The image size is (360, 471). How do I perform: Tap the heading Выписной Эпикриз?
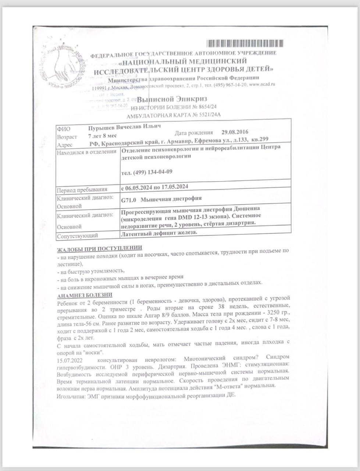pyautogui.click(x=172, y=99)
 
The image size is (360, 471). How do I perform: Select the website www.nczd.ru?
pyautogui.click(x=262, y=84)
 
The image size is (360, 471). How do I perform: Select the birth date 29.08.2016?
pyautogui.click(x=235, y=132)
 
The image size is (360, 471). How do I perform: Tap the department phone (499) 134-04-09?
pyautogui.click(x=147, y=172)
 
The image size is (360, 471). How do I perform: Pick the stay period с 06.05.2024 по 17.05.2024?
pyautogui.click(x=154, y=187)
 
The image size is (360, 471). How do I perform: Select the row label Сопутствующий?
pyautogui.click(x=77, y=235)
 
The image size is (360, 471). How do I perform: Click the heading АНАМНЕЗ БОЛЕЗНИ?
pyautogui.click(x=85, y=295)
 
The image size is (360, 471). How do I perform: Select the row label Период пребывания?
pyautogui.click(x=82, y=190)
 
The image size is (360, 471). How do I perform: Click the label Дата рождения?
pyautogui.click(x=194, y=132)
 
